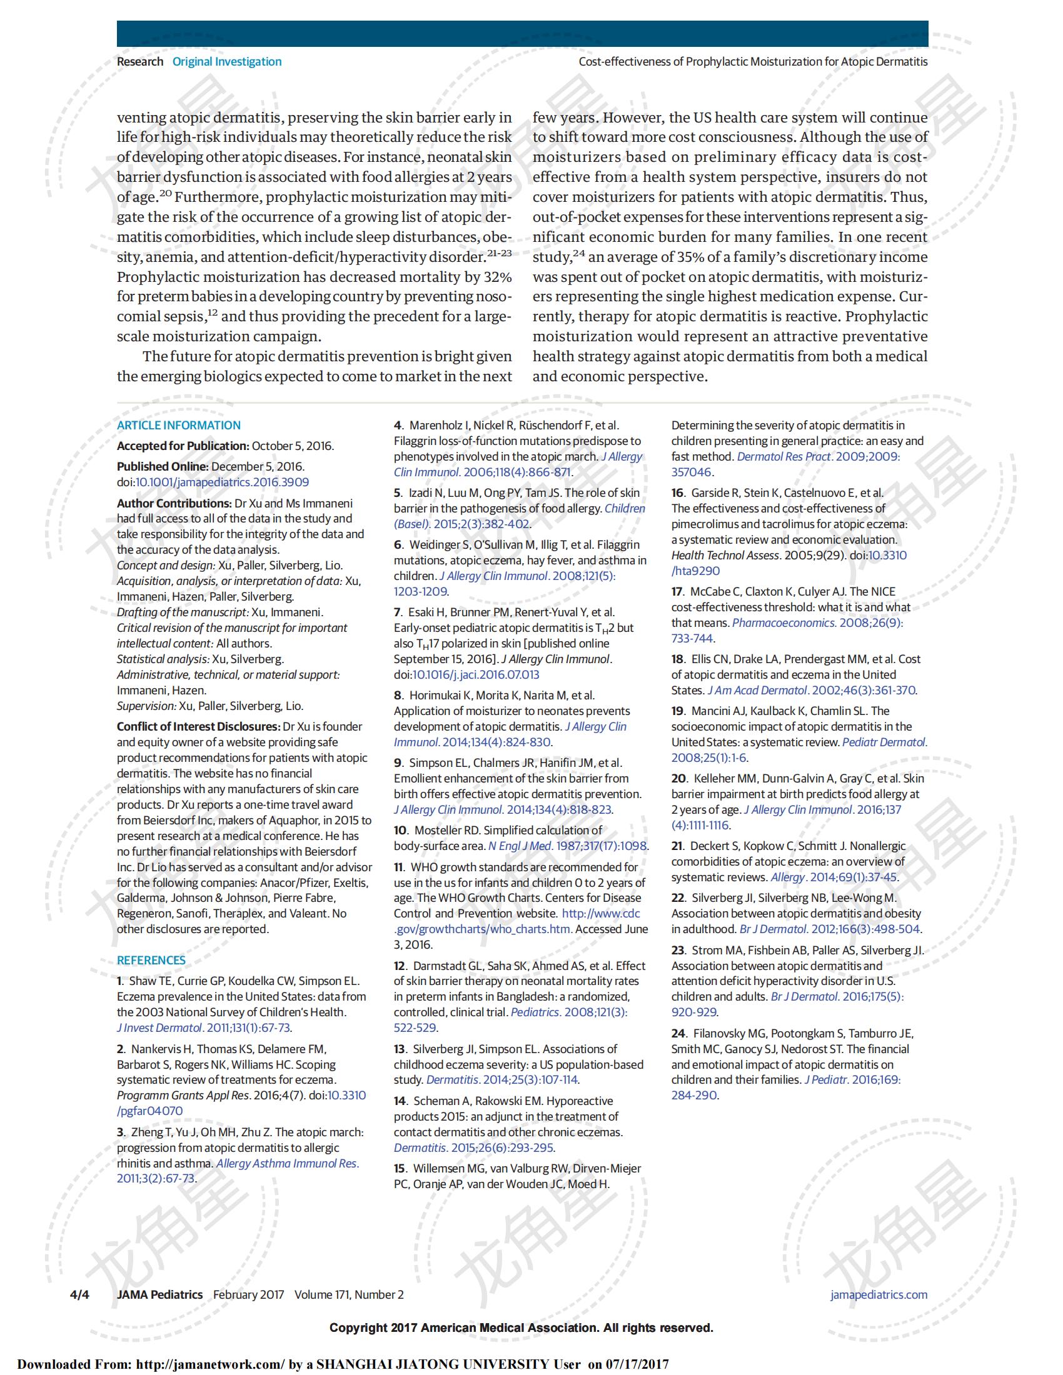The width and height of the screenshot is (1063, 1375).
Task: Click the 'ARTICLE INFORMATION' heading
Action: coord(178,425)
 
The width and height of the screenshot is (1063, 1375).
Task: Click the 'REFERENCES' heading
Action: coord(151,960)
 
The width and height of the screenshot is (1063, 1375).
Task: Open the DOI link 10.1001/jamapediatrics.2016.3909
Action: coord(223,482)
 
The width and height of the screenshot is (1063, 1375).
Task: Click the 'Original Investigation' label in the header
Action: coord(227,62)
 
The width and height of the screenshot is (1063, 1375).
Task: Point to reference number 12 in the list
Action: coord(400,966)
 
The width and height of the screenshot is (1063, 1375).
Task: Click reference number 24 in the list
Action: coord(678,1033)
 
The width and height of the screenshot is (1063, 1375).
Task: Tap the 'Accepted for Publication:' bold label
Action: coord(183,446)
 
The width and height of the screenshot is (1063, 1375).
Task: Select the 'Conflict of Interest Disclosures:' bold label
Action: coord(198,726)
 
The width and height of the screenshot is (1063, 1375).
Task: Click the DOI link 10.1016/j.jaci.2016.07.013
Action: coord(475,675)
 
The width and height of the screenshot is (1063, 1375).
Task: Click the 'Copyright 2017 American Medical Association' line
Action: coord(521,1327)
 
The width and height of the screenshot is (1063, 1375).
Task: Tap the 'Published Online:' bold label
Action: coord(163,466)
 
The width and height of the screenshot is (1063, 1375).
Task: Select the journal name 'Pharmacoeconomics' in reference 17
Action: coord(774,622)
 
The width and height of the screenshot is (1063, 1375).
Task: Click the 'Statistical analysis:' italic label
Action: coord(163,659)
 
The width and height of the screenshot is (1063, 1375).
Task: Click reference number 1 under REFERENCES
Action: coord(119,981)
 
